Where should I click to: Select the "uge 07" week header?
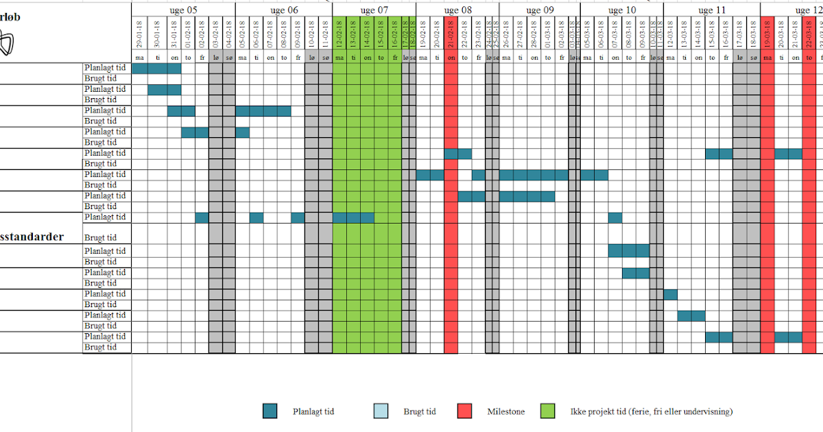click(374, 10)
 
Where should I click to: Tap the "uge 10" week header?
click(621, 10)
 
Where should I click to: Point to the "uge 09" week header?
click(540, 10)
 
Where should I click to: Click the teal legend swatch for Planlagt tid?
click(270, 411)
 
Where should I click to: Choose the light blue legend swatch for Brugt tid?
click(381, 411)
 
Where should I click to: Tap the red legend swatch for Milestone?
click(465, 411)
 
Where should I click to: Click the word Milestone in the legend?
click(506, 411)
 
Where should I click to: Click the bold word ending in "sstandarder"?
click(32, 237)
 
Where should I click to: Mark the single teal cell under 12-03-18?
click(670, 294)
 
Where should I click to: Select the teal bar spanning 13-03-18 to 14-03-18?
click(691, 315)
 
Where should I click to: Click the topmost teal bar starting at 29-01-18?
click(156, 68)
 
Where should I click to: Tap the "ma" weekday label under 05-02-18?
click(242, 57)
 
